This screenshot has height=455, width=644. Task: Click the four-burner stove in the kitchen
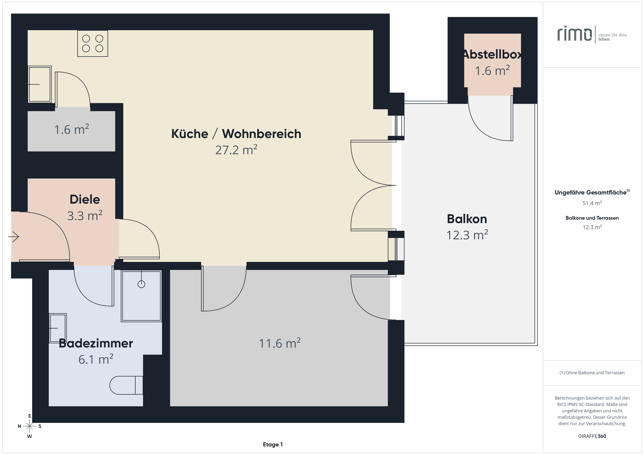click(93, 43)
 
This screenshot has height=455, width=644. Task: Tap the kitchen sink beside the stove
click(40, 84)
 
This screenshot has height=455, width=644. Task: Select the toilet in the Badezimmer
click(126, 385)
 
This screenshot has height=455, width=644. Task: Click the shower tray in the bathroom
click(141, 296)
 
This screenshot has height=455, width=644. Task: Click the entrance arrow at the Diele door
click(14, 237)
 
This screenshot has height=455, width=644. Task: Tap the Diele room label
click(85, 199)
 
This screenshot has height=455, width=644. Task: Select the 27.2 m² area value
click(236, 150)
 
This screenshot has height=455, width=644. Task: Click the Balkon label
click(467, 219)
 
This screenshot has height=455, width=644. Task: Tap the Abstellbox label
click(492, 54)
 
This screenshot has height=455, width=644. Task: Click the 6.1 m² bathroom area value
click(96, 359)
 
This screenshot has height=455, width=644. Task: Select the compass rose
click(29, 426)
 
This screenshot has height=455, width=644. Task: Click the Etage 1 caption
click(273, 444)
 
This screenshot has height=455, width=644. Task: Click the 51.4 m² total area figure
click(592, 203)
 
